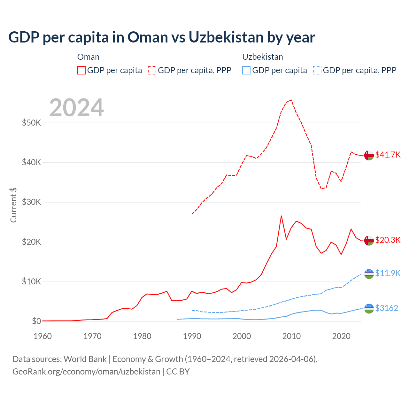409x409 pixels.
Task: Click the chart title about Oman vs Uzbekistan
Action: (x=162, y=37)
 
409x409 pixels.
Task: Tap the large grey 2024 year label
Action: (x=76, y=108)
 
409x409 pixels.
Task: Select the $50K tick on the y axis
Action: (x=31, y=123)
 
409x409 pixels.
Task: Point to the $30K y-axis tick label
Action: (x=31, y=202)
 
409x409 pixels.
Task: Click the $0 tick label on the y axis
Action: (x=36, y=321)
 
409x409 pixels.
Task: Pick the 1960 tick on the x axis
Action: (x=42, y=336)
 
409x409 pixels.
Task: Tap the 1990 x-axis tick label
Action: (x=192, y=336)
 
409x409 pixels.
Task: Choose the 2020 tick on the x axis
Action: (x=341, y=336)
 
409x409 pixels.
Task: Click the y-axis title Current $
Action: (x=13, y=205)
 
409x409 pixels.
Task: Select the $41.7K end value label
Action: (x=388, y=155)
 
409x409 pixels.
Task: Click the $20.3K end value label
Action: (x=388, y=240)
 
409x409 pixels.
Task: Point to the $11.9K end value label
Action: (x=388, y=273)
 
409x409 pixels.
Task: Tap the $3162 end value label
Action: (x=386, y=308)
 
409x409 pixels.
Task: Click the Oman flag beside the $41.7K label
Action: (x=369, y=155)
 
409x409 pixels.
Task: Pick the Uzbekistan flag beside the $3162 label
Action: (x=369, y=308)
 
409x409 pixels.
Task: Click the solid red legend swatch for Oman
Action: (x=81, y=70)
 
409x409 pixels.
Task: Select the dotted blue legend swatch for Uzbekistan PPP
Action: (x=317, y=70)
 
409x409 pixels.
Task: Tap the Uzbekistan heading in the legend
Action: (x=263, y=57)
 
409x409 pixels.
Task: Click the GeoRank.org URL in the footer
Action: (x=86, y=372)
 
